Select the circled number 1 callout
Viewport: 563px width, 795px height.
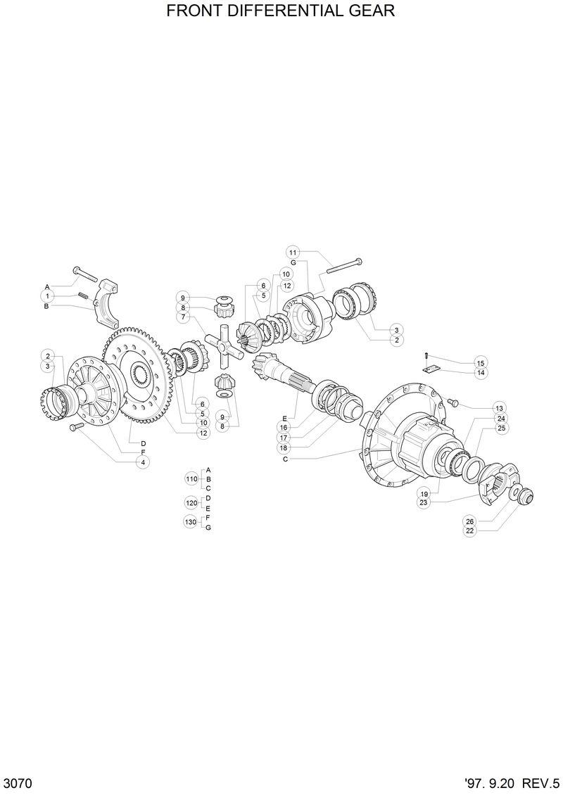coord(47,296)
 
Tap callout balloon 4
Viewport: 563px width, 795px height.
coord(143,462)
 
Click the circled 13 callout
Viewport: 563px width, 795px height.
coord(499,408)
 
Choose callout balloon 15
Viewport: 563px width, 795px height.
coord(481,362)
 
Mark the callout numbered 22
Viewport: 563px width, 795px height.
coord(469,530)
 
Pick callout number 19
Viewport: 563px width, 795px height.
coord(424,492)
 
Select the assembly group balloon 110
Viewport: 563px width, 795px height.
coord(191,478)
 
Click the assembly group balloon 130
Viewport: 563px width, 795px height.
coord(191,521)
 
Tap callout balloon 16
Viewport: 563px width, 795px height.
coord(284,427)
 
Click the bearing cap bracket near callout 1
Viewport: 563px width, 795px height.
coord(111,304)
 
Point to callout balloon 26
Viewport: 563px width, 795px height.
coord(469,521)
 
